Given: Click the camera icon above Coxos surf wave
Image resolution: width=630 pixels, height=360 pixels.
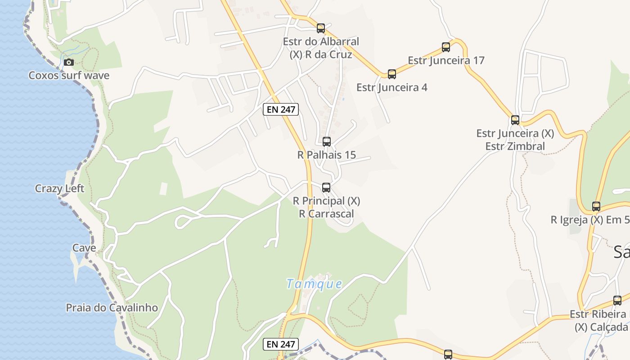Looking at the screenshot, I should [x=68, y=62].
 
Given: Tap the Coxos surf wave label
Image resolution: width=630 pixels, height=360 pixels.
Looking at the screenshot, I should [x=69, y=75].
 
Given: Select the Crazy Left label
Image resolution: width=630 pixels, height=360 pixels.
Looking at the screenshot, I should [x=59, y=188].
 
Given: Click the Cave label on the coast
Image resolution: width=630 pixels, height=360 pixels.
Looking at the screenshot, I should [x=84, y=248].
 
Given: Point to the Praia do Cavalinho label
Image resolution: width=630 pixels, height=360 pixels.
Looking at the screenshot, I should [x=112, y=308].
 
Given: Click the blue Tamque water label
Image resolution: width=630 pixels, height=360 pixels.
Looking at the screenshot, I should [x=314, y=284].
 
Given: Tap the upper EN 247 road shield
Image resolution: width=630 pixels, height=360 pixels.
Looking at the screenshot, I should [x=281, y=109].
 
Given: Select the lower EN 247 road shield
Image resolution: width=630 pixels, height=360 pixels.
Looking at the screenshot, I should [x=281, y=344].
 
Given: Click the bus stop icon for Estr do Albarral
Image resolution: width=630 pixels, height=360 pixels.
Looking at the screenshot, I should [x=321, y=28].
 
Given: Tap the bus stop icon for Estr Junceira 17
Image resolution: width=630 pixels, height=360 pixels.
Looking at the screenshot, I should [x=446, y=47].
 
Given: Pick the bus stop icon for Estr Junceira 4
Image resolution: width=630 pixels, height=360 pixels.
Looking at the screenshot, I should [x=392, y=74].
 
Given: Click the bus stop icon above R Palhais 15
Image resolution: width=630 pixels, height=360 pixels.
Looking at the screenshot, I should [x=327, y=142].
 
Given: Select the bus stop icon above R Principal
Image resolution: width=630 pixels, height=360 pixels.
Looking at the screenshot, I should [x=326, y=188].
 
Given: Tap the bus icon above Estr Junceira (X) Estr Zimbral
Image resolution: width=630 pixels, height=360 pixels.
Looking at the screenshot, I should [x=515, y=120].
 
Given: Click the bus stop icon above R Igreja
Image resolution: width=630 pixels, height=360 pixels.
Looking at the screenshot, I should [x=596, y=207].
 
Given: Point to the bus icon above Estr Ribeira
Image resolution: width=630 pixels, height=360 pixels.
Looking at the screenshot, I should [x=617, y=301].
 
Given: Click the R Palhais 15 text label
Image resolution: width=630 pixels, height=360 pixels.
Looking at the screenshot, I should [x=327, y=155].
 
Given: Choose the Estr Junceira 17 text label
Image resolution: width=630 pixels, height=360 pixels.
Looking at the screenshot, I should [x=446, y=60].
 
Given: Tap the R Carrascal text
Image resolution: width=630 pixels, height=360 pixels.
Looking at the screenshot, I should [x=327, y=214].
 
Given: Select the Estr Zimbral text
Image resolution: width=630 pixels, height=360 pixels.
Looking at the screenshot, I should [x=515, y=146].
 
